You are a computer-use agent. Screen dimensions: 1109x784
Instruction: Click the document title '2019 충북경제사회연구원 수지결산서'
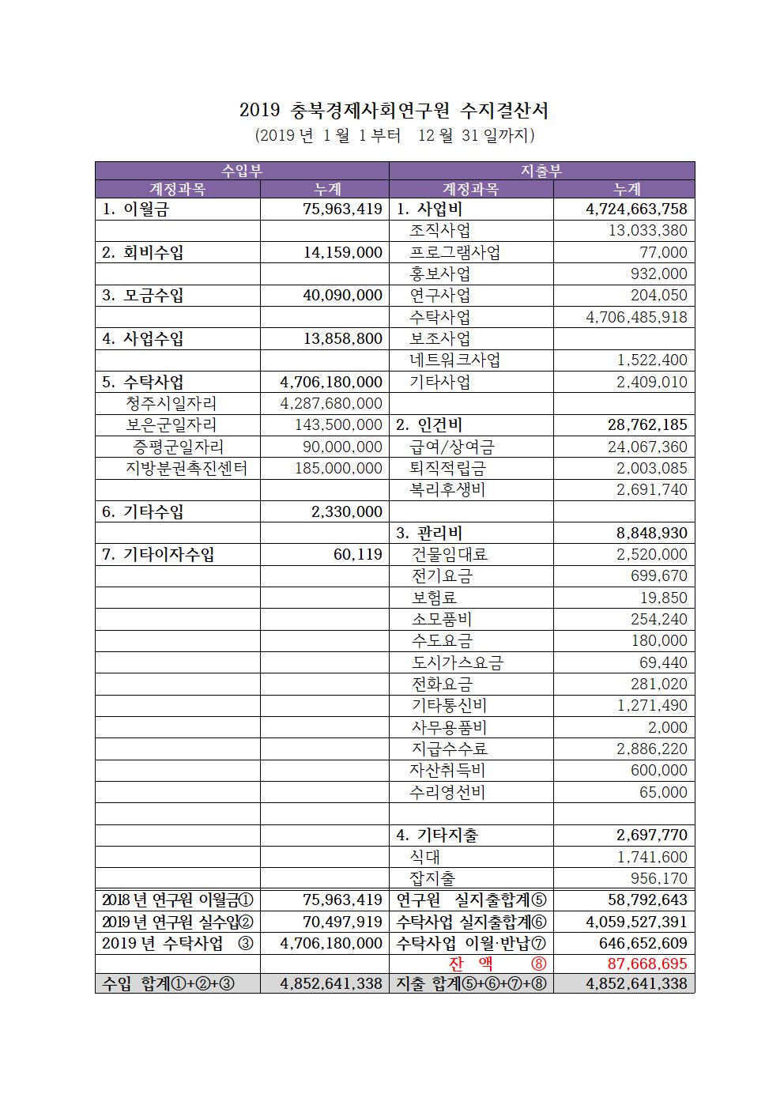pos(394,110)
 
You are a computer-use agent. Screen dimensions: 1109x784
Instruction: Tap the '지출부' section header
pos(541,171)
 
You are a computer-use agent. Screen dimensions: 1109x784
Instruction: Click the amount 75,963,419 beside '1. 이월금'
pos(342,209)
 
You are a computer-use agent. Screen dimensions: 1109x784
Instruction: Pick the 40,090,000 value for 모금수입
pos(342,296)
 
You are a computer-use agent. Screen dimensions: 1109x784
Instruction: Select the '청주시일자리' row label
pos(165,403)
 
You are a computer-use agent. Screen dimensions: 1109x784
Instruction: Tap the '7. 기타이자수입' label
pos(158,554)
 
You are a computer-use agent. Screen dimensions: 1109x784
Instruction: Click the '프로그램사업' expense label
pos(454,252)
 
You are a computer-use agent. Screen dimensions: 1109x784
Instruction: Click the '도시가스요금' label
pos(458,662)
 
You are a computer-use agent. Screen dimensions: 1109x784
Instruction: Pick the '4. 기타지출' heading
pos(436,835)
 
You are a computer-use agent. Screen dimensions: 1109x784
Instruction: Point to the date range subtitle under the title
pos(394,136)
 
